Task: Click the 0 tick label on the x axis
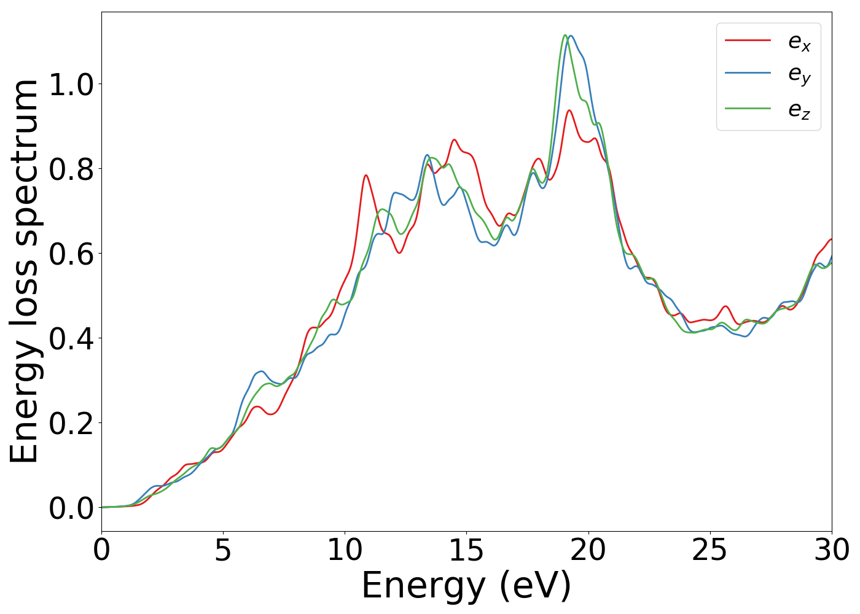[101, 550]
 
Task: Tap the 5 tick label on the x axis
[223, 550]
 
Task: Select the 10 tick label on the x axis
[345, 550]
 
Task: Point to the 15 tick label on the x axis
[466, 550]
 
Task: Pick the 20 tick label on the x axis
[588, 550]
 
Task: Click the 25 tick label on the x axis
[709, 550]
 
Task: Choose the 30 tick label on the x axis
[832, 550]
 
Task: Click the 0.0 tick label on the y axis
[71, 508]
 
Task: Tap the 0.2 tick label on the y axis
[71, 424]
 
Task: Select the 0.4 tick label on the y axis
[71, 339]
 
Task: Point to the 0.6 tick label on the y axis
[71, 254]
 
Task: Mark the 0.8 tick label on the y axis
[71, 169]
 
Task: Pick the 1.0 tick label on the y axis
[71, 85]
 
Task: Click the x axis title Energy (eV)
[466, 586]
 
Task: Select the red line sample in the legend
[748, 40]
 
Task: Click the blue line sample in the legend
[748, 73]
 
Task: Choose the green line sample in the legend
[748, 108]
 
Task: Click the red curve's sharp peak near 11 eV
[365, 176]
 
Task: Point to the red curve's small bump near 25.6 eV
[725, 306]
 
